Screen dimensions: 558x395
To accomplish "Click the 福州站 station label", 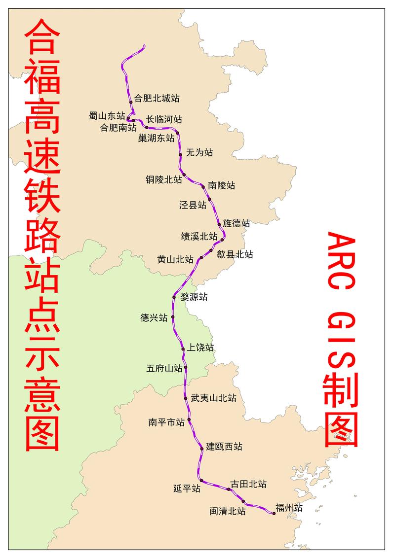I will coord(289,508).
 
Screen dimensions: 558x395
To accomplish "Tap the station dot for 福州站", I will coord(274,513).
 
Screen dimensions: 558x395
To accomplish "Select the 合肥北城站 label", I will coord(157,98).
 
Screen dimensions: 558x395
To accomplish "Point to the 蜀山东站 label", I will coord(107,116).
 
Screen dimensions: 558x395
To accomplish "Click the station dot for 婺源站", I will coord(174,297).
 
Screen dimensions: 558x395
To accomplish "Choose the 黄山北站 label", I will coord(175,259).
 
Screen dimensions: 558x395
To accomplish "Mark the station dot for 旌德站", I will coord(219,224).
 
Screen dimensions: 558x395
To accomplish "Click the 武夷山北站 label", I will coord(213,398).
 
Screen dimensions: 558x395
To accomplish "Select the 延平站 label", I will coord(187,488).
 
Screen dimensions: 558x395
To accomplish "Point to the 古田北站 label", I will coord(248,484).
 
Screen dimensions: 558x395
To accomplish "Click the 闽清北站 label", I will coord(228,511).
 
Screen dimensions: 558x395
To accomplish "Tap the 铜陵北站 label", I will coord(164,180).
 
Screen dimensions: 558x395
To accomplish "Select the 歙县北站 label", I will coord(235,254).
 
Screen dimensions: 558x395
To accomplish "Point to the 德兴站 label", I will coord(154,318).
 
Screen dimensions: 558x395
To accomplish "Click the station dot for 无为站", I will coord(181,154).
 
